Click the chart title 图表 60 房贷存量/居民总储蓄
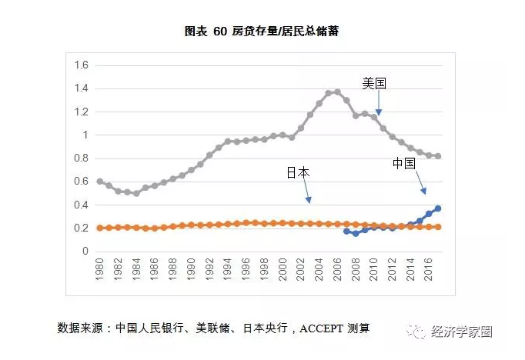tap(262, 32)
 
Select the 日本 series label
tap(297, 173)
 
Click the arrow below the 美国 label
tap(378, 104)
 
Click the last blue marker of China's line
tap(438, 208)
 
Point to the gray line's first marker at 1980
tap(100, 182)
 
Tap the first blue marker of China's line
tap(346, 231)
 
